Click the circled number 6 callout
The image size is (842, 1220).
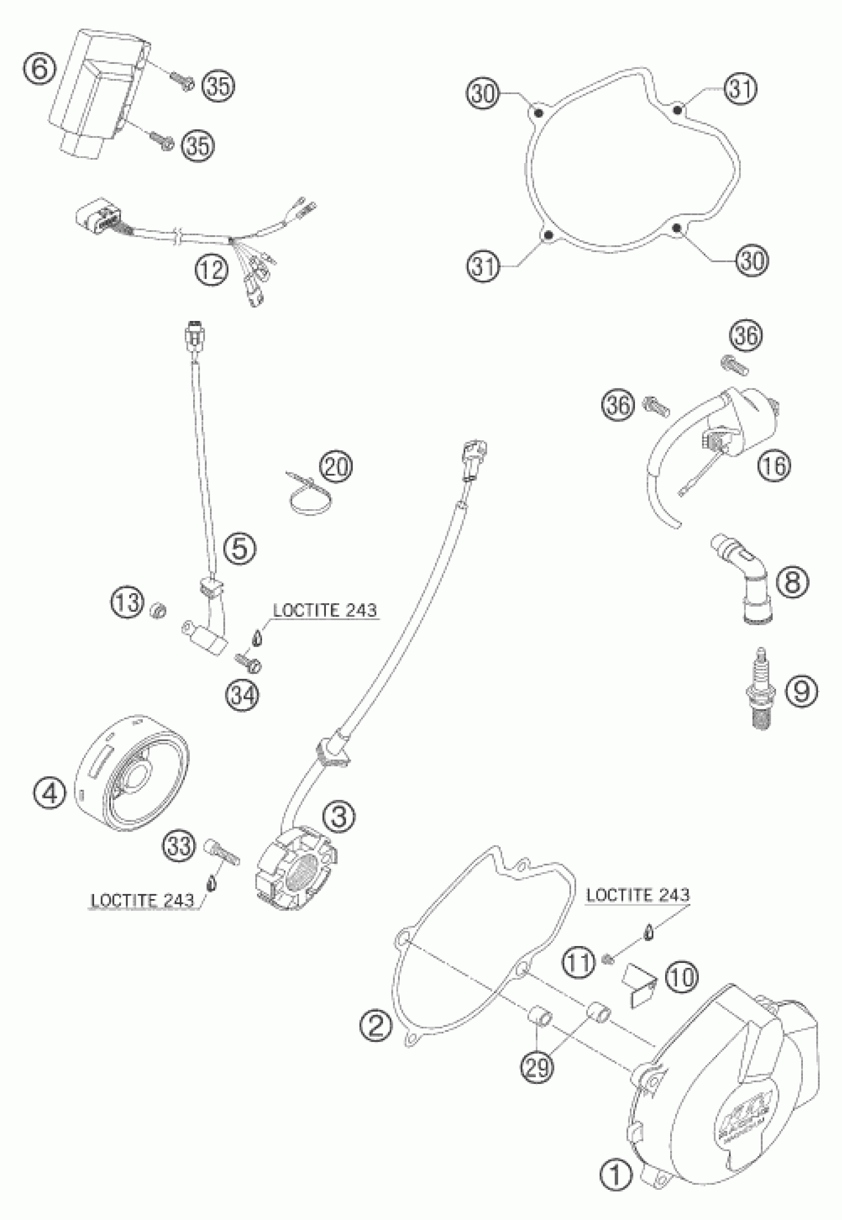pyautogui.click(x=40, y=68)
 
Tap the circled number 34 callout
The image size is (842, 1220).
pyautogui.click(x=243, y=694)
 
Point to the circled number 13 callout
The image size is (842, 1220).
pyautogui.click(x=127, y=602)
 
